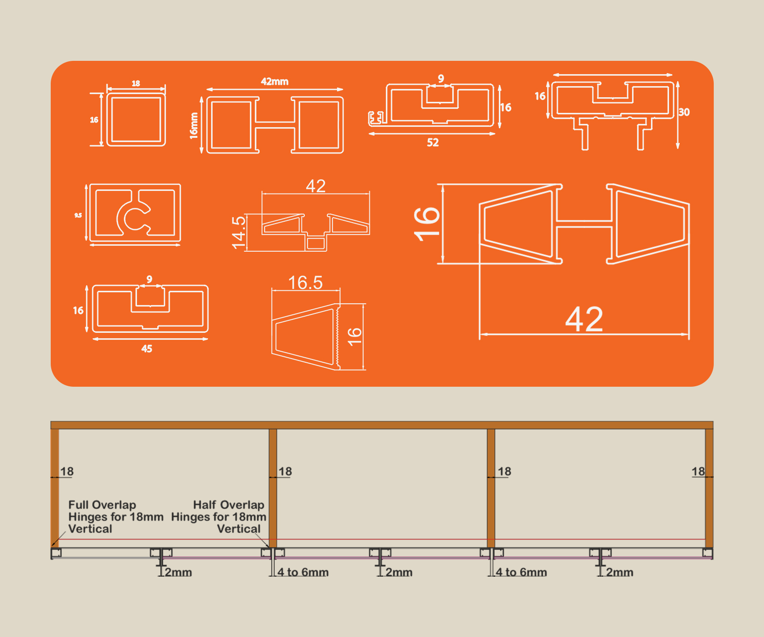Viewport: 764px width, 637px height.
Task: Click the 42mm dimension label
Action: point(274,82)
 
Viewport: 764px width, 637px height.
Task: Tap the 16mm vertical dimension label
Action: point(194,125)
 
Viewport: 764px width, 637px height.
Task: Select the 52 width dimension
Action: point(432,142)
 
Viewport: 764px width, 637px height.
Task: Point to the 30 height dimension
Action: point(684,112)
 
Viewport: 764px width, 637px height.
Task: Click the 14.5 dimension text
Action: point(239,232)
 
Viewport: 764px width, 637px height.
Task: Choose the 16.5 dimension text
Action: point(305,283)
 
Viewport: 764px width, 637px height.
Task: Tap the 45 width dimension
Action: point(147,349)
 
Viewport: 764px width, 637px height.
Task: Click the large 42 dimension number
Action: point(584,319)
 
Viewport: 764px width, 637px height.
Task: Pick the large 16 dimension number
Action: point(427,224)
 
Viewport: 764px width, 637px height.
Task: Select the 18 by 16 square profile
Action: point(136,119)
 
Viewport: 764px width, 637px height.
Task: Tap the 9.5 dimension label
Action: point(78,215)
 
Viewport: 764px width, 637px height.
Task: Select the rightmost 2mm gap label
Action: point(619,572)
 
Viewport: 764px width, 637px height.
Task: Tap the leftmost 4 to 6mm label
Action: point(303,572)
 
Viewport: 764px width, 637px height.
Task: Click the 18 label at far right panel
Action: point(698,472)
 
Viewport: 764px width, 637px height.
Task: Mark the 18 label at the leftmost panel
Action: point(67,472)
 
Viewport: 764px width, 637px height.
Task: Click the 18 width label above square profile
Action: point(136,83)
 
